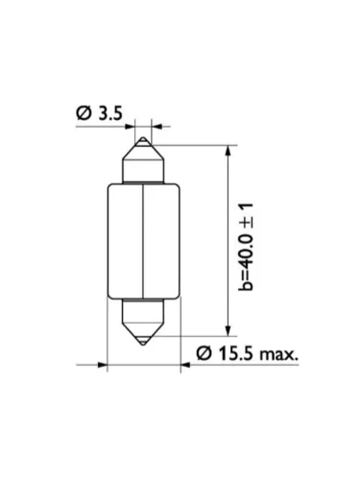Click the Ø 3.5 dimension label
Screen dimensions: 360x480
pos(99,113)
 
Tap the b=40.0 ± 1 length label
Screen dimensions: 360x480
pos(246,247)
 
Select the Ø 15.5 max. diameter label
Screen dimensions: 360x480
pos(247,354)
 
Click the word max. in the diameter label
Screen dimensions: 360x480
pos(278,354)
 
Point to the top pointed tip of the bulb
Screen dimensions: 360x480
pos(143,137)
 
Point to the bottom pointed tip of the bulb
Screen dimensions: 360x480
pos(143,345)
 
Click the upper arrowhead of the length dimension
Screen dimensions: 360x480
pos(228,150)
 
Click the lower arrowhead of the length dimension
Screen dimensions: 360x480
pos(228,331)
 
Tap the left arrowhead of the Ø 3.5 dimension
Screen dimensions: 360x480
pos(130,127)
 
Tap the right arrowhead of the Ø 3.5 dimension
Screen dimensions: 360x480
pos(156,127)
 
